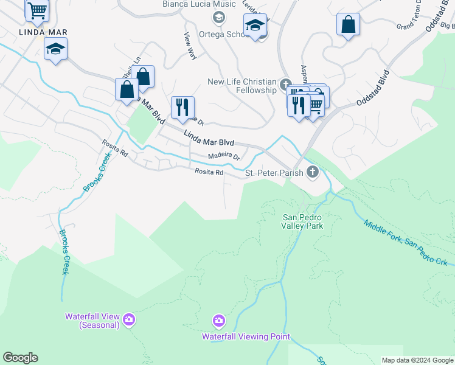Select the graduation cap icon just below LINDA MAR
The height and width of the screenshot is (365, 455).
coord(55,49)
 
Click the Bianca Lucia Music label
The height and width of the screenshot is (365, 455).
coord(190,4)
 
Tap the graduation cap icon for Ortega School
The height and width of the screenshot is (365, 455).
coord(255,26)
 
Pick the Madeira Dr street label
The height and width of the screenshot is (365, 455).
coord(224,156)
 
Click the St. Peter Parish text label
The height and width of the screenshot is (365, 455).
coord(274,173)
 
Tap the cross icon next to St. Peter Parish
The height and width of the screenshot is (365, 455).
coord(313,172)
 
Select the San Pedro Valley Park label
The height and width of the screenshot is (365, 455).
coord(302,221)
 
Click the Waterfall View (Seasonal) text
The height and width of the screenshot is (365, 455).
coord(92,321)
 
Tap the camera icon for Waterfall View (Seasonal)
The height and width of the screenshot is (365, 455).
coord(129,319)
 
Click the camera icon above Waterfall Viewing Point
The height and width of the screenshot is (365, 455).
coord(218,320)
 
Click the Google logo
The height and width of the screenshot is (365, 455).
coord(20,358)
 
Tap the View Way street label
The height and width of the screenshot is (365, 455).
coord(190,46)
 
